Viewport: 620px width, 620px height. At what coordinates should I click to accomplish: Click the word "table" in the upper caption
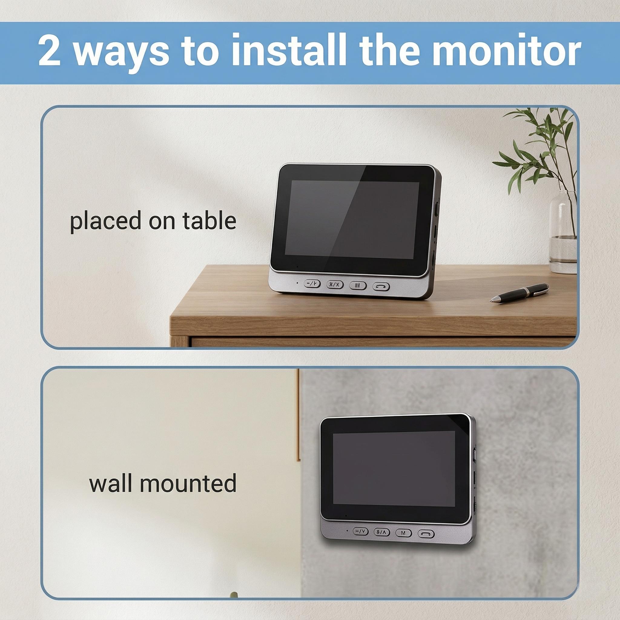click(209, 221)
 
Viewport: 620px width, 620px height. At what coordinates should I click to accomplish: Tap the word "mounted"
click(188, 483)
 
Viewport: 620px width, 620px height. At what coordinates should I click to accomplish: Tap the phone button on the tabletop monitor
click(381, 287)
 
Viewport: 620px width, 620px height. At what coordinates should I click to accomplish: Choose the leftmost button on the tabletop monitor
click(312, 283)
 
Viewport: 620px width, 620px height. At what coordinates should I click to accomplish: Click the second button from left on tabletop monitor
click(335, 284)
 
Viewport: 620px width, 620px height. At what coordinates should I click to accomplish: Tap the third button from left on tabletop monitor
click(358, 285)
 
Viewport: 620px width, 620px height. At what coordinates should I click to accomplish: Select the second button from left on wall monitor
click(382, 532)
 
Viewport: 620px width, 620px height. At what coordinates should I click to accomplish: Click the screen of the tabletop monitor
click(352, 219)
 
